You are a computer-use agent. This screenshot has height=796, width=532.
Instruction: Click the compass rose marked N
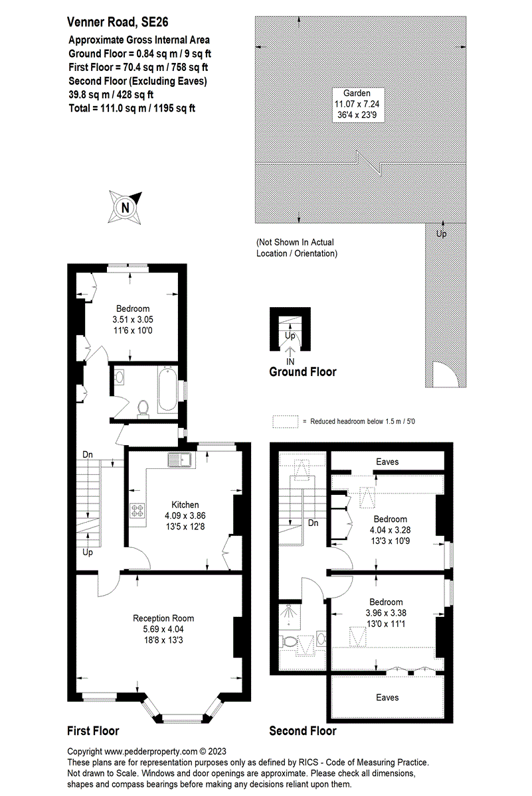click(x=126, y=206)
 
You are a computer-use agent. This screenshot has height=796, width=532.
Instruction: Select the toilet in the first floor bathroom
click(x=143, y=409)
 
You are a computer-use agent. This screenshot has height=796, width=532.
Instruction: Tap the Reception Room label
click(x=163, y=618)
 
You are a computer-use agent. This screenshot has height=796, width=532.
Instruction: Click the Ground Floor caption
click(x=302, y=372)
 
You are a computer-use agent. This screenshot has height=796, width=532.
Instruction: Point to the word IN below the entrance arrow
click(x=290, y=361)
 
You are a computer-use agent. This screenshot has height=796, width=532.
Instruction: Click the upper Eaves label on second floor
click(x=387, y=461)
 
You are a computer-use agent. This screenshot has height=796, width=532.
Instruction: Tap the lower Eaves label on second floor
click(x=387, y=697)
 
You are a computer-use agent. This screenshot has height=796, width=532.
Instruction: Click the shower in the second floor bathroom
click(x=290, y=616)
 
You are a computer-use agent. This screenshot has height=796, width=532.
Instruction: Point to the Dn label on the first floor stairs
click(x=87, y=454)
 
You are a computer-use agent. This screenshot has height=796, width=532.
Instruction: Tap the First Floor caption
click(x=93, y=731)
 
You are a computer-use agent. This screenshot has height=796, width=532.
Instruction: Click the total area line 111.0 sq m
click(x=132, y=108)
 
